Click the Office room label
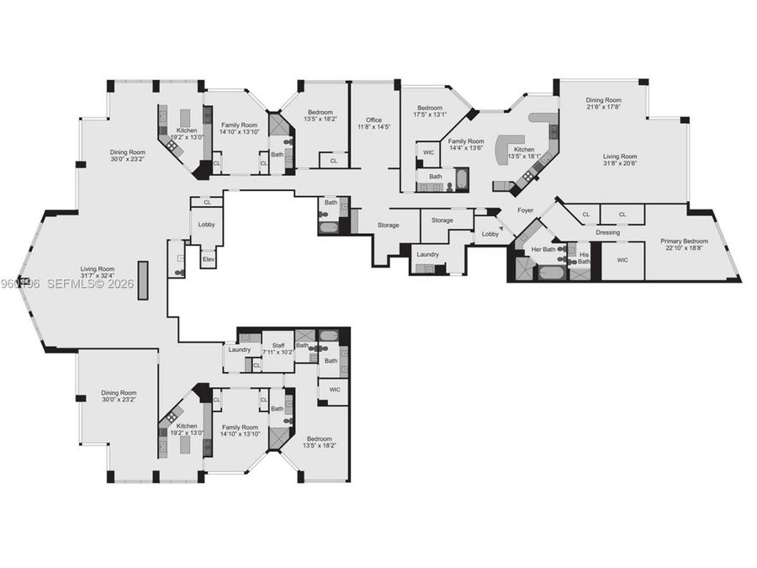pyautogui.click(x=373, y=119)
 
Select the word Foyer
pyautogui.click(x=526, y=210)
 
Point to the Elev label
pyautogui.click(x=208, y=260)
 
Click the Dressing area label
pyautogui.click(x=607, y=232)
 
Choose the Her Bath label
pyautogui.click(x=542, y=249)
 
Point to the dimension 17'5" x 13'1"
pyautogui.click(x=430, y=114)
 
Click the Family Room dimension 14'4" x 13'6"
pyautogui.click(x=465, y=148)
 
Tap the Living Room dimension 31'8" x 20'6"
pyautogui.click(x=619, y=163)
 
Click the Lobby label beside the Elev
pyautogui.click(x=206, y=225)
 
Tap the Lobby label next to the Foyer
pyautogui.click(x=490, y=234)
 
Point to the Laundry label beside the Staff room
pyautogui.click(x=240, y=349)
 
